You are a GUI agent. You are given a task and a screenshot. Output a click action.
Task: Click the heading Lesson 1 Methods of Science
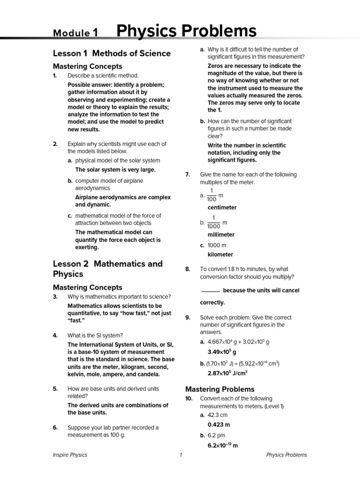(112, 53)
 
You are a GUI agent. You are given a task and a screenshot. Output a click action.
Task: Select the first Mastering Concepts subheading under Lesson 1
(87, 67)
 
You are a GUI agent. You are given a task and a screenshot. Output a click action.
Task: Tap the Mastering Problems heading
(220, 389)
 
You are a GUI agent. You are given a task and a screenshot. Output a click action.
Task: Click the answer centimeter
(222, 208)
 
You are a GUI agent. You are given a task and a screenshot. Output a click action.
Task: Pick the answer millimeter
(221, 235)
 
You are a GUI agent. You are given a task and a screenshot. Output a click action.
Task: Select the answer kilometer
(220, 255)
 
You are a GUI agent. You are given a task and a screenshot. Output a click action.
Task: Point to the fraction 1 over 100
(211, 195)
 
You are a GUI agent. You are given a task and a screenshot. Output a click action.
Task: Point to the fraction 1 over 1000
(213, 222)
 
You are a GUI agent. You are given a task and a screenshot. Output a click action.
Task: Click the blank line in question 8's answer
(210, 291)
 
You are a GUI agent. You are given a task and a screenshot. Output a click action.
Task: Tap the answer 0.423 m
(219, 425)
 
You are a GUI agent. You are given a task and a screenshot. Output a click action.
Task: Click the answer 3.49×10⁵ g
(222, 352)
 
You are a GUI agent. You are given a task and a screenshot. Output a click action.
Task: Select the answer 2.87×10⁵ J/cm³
(227, 373)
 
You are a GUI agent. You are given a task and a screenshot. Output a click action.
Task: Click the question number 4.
(55, 335)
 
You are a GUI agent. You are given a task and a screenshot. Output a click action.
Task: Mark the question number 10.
(189, 398)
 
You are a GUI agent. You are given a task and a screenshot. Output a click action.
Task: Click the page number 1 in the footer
(180, 455)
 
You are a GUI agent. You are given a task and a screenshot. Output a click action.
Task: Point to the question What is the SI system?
(95, 335)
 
